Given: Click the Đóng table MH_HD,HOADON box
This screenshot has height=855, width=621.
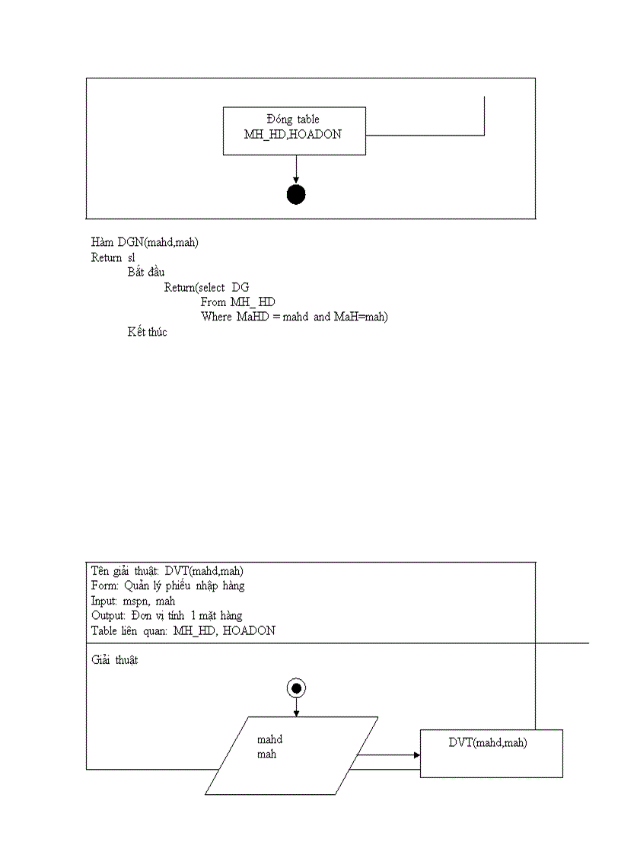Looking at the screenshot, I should point(294,131).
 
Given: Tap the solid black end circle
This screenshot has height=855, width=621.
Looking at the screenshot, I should point(296,195).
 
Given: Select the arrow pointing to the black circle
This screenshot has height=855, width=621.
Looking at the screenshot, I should point(296,169).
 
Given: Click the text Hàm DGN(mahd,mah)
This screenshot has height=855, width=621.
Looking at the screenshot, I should point(145,242).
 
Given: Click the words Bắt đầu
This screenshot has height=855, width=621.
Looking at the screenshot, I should point(146,272).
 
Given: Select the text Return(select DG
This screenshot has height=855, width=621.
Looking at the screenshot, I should point(206,287).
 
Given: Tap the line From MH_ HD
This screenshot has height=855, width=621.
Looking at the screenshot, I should point(238,301).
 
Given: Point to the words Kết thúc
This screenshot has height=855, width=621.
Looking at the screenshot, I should point(147,332).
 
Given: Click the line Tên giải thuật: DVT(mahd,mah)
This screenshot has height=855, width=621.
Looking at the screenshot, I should point(167,571).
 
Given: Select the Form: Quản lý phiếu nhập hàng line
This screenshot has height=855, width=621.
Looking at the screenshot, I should point(167,585).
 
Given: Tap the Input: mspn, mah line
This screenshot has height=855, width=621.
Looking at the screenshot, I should point(133,601).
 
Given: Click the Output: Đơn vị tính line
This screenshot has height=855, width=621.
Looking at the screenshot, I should point(167,615).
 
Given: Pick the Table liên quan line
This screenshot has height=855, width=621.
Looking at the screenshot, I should point(183,630).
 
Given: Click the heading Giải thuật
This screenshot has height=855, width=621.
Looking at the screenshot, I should point(114,660).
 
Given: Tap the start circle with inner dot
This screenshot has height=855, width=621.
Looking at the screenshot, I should point(296,688).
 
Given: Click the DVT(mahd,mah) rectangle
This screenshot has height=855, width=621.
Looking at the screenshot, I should point(491,753).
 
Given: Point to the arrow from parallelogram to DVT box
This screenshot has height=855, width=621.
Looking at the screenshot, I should point(388,755).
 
